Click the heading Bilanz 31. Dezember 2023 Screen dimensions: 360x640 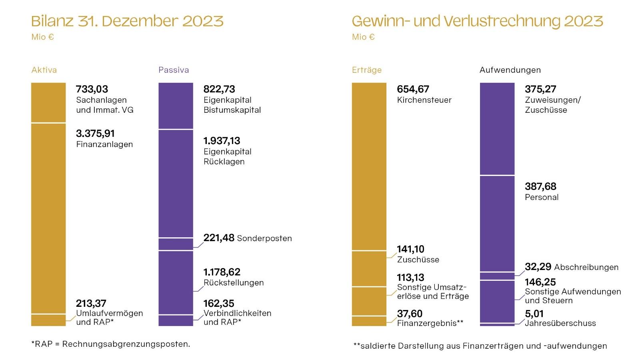[x=127, y=21]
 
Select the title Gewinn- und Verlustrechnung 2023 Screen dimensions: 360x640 [x=477, y=21]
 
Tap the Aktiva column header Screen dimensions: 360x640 [x=44, y=70]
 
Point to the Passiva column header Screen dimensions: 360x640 [x=174, y=70]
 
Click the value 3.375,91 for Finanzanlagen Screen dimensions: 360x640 [x=95, y=134]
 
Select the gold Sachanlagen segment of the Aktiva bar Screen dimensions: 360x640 [x=48, y=102]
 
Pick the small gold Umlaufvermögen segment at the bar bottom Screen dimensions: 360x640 [x=48, y=320]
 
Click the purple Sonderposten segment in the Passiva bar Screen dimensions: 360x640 [x=176, y=244]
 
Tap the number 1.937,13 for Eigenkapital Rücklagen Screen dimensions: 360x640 [x=222, y=141]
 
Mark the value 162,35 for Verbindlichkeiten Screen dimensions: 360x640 [x=219, y=303]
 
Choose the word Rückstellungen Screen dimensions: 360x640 [x=234, y=283]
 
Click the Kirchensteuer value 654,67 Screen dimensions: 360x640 [x=413, y=89]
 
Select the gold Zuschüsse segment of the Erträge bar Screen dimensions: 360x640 [x=369, y=268]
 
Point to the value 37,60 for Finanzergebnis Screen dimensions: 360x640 [x=410, y=314]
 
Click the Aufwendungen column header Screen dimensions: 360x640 [x=510, y=70]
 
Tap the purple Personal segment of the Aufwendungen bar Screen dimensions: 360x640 [x=497, y=223]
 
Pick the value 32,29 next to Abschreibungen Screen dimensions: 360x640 [x=538, y=267]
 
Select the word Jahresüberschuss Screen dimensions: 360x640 [x=560, y=323]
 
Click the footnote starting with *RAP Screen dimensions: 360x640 [x=111, y=344]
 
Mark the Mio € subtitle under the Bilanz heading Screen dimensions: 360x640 [x=43, y=37]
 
